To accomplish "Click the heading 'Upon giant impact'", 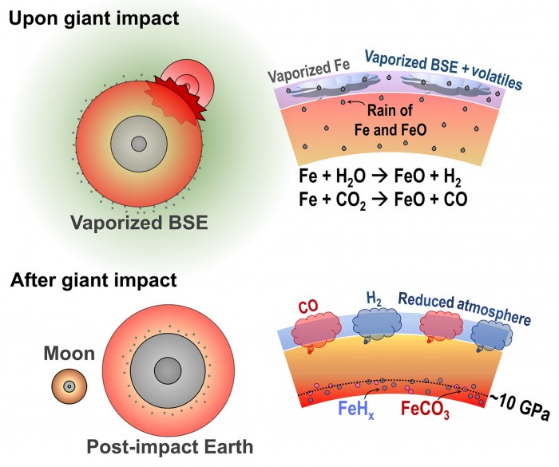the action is tap(93, 18).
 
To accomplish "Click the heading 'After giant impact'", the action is tap(93, 280).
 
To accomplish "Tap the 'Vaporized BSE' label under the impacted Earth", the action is tap(139, 223).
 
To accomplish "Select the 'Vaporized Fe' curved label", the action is tap(309, 70).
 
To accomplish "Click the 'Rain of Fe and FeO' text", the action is tap(390, 120).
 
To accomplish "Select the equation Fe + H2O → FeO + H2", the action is tap(380, 177).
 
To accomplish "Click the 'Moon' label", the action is tap(69, 354).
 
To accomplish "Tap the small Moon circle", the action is tap(69, 386).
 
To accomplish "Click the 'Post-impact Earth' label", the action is tap(169, 447).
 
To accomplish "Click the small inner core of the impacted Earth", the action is tap(139, 144).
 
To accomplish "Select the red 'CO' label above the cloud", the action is tap(308, 307).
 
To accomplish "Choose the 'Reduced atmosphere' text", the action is tap(464, 308).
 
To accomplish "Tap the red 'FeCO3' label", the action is tap(425, 409).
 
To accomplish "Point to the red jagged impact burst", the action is tap(175, 99).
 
